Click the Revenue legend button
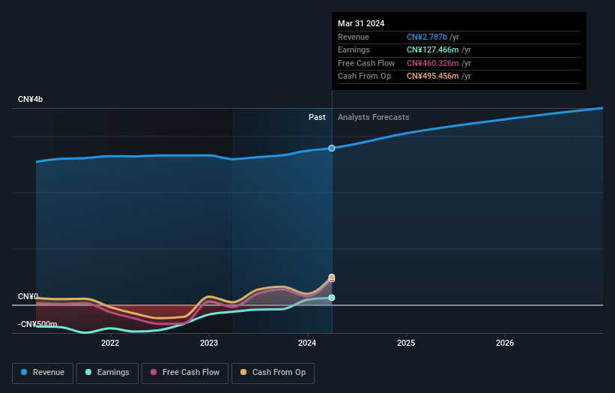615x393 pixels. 43,373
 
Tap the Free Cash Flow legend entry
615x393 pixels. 184,373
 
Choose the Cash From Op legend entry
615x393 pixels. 274,373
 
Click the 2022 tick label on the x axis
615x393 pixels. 110,343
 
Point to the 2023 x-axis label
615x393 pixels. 209,343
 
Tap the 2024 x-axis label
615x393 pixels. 308,343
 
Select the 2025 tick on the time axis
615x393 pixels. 406,343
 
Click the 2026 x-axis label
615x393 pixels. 505,343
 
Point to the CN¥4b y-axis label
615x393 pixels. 31,100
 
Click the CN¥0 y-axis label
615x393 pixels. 28,297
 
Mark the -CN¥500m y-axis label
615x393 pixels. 37,324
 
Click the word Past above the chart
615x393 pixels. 317,117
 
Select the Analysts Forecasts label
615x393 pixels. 374,117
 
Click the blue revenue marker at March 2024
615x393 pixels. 331,148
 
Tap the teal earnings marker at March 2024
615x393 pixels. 331,298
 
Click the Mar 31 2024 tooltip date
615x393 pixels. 361,23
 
